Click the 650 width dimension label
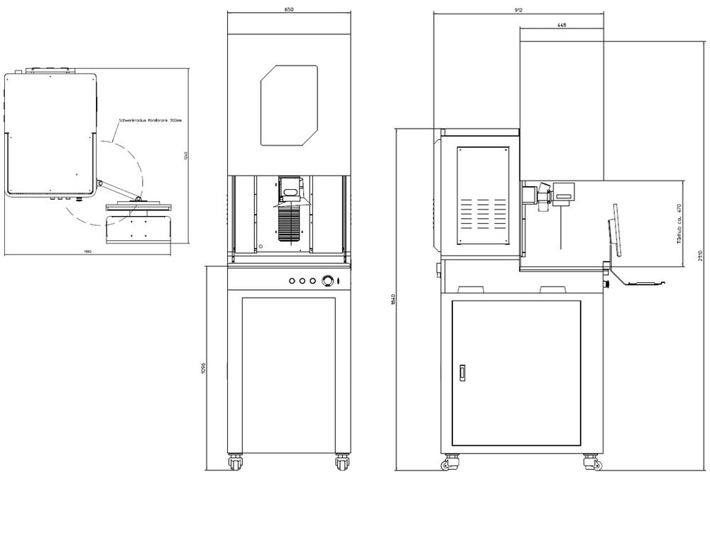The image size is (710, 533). click(x=289, y=10)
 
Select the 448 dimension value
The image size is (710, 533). click(x=562, y=24)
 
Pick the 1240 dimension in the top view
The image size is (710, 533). click(x=185, y=156)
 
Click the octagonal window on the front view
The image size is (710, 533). click(x=289, y=106)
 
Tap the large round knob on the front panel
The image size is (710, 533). click(x=328, y=281)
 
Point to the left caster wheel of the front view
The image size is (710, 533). click(x=234, y=463)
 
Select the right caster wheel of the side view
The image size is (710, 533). click(x=590, y=463)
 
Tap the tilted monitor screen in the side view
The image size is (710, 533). click(x=613, y=230)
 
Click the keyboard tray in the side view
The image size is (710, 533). click(x=643, y=283)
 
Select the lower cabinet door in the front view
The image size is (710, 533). click(x=288, y=372)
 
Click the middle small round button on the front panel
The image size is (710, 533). click(x=302, y=281)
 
